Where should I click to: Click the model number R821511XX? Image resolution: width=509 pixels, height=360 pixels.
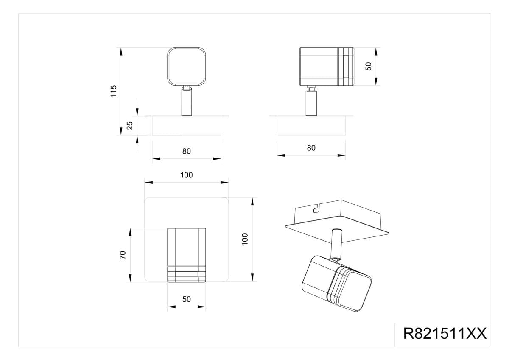[x=445, y=333]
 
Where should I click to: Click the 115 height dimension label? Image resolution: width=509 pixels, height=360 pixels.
[x=114, y=91]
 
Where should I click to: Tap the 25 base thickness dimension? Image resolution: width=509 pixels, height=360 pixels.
[x=129, y=126]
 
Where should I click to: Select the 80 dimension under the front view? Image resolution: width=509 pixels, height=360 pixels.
[x=187, y=151]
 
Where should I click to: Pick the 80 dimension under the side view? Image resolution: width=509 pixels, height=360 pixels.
[x=311, y=148]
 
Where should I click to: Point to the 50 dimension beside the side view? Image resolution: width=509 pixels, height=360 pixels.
[x=368, y=66]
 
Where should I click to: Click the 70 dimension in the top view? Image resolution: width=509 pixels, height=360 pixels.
[x=123, y=255]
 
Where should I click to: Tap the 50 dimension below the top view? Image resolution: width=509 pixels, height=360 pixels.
[x=187, y=299]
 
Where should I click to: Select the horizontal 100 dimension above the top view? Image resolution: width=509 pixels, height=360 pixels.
[x=187, y=175]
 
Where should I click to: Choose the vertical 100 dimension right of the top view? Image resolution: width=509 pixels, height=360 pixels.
[x=245, y=239]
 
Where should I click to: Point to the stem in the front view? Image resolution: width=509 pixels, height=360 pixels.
[x=187, y=101]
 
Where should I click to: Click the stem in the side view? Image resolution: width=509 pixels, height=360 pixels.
[x=311, y=101]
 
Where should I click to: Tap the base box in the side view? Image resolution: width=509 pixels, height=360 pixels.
[x=311, y=126]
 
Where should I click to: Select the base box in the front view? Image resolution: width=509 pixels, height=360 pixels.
[x=187, y=126]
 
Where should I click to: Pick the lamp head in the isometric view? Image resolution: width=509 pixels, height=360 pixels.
[x=336, y=283]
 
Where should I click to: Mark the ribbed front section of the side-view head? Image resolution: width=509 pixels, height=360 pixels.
[x=346, y=66]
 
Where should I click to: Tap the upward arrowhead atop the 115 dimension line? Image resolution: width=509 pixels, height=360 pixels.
[x=121, y=51]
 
